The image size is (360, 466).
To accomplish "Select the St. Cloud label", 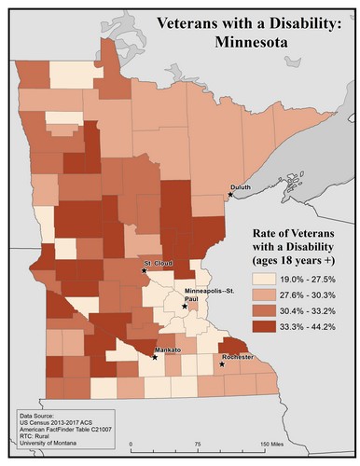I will coord(157,263).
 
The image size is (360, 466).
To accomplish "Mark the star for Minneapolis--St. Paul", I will coord(185,305).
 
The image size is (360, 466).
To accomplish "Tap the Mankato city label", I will coord(166,349).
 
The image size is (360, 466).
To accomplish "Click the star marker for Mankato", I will coord(155,356).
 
